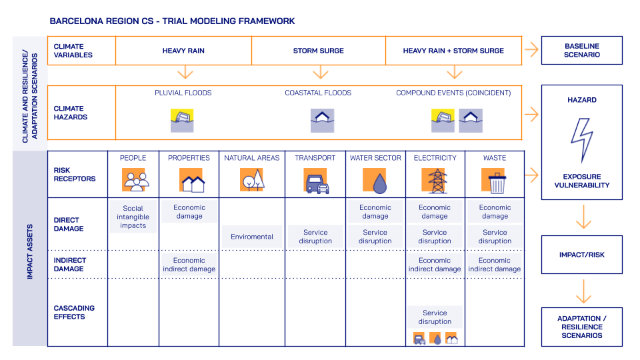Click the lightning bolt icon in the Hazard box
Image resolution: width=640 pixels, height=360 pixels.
click(581, 141)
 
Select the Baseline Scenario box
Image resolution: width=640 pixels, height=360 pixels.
click(582, 51)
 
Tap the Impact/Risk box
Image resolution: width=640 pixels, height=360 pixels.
click(582, 255)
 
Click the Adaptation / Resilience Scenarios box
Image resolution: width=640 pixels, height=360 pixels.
click(582, 327)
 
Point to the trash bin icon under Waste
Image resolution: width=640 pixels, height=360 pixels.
click(495, 181)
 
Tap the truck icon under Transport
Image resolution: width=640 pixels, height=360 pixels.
click(316, 181)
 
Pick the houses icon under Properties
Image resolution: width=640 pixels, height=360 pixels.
click(191, 181)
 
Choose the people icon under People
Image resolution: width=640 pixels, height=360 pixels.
click(134, 181)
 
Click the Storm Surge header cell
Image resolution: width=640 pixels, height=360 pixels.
click(319, 51)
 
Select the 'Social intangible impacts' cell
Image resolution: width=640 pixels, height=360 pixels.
click(133, 217)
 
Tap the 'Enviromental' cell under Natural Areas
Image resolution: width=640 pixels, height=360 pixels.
click(252, 237)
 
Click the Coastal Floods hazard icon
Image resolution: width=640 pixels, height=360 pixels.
click(323, 121)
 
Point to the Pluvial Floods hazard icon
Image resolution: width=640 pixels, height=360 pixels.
click(183, 121)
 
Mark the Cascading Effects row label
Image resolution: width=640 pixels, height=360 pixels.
click(74, 312)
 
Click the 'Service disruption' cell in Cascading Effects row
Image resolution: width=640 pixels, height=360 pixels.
click(435, 317)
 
